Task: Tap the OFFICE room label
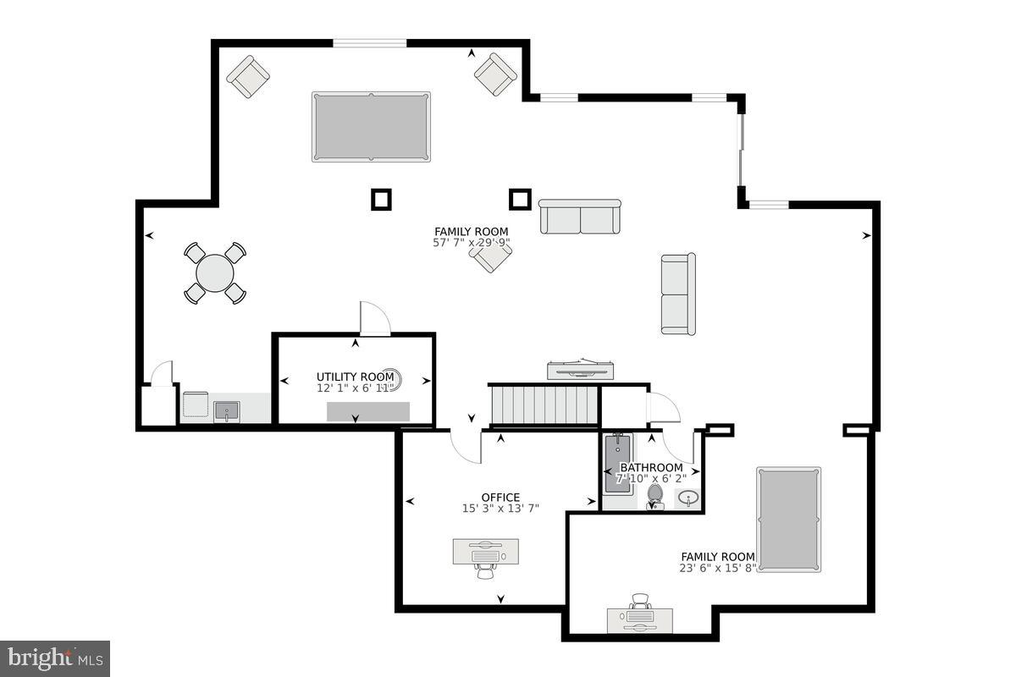click(500, 498)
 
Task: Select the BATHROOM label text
click(651, 468)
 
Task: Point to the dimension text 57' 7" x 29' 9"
click(471, 243)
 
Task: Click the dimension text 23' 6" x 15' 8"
click(718, 568)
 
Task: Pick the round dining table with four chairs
click(215, 273)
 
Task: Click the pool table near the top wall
click(371, 127)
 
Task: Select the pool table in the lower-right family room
click(788, 520)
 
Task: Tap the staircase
click(544, 405)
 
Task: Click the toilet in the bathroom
click(654, 496)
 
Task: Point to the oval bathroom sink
click(688, 498)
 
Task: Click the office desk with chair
click(485, 555)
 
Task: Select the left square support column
click(381, 199)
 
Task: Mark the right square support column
click(520, 199)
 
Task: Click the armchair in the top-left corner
click(248, 76)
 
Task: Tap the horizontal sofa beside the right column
click(580, 217)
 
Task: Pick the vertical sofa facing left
click(678, 294)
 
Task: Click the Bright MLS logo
click(55, 658)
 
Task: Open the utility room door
click(374, 319)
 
